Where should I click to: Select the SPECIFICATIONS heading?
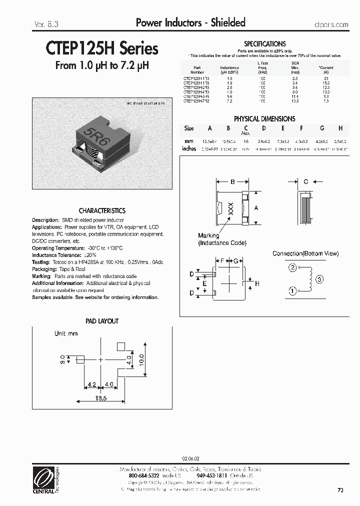click(264, 44)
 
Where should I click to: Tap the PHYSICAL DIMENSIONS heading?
click(264, 119)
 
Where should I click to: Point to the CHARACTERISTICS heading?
click(102, 211)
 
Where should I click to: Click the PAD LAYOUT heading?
click(102, 321)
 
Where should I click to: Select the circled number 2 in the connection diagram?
click(292, 267)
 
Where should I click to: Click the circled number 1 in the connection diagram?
click(292, 290)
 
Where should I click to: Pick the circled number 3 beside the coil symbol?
click(320, 279)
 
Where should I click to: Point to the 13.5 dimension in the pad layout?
click(101, 398)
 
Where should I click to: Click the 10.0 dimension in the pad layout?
click(141, 359)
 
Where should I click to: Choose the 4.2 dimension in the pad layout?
click(91, 385)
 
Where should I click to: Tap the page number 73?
click(340, 490)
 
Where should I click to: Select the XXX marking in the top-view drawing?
click(230, 209)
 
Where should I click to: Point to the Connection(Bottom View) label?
click(305, 253)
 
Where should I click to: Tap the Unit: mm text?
click(66, 333)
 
